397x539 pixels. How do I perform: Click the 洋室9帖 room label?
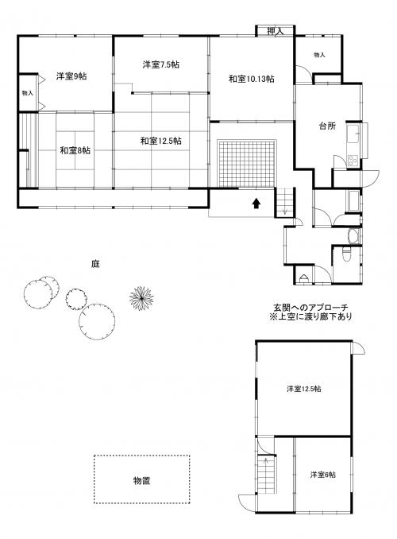[71, 76]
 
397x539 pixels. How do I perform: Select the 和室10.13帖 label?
[251, 79]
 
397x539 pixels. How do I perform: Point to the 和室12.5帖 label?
[161, 141]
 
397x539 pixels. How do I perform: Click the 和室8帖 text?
[74, 150]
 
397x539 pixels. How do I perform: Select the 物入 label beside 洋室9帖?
[27, 93]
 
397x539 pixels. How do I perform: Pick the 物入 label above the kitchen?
[319, 56]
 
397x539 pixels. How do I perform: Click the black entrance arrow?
[256, 204]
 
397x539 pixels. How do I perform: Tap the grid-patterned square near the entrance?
[249, 163]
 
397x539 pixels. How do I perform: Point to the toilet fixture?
[343, 254]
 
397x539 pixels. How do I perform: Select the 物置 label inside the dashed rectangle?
[142, 480]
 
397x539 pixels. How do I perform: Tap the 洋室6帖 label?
[322, 475]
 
